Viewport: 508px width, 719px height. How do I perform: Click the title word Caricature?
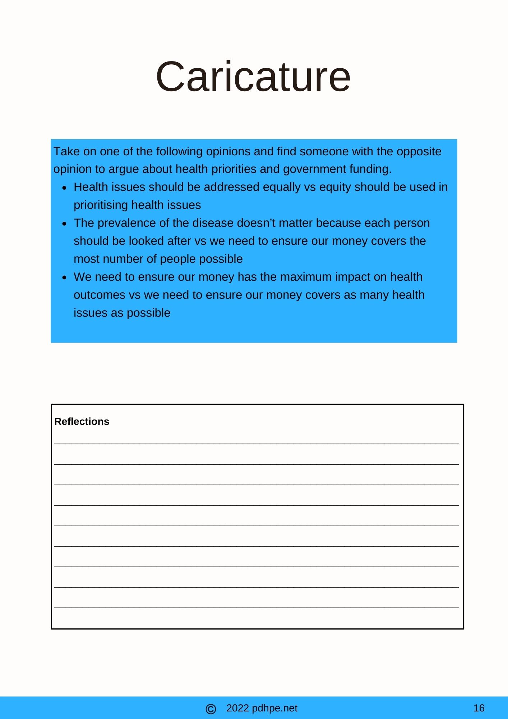(x=253, y=77)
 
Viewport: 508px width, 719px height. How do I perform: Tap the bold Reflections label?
(x=82, y=421)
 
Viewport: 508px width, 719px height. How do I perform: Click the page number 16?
(x=479, y=708)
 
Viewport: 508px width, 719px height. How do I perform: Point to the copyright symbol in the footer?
(x=211, y=709)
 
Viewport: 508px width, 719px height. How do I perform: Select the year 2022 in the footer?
(x=237, y=708)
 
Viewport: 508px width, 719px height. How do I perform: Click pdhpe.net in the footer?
(x=274, y=708)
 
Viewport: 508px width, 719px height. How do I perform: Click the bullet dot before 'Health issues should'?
(x=64, y=188)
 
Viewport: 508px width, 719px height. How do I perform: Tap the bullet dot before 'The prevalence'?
(x=64, y=224)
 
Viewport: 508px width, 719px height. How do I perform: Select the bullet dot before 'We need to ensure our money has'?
(x=64, y=278)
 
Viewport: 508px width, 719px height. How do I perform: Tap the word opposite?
(x=419, y=151)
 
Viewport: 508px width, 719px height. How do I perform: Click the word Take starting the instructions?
(x=66, y=151)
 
